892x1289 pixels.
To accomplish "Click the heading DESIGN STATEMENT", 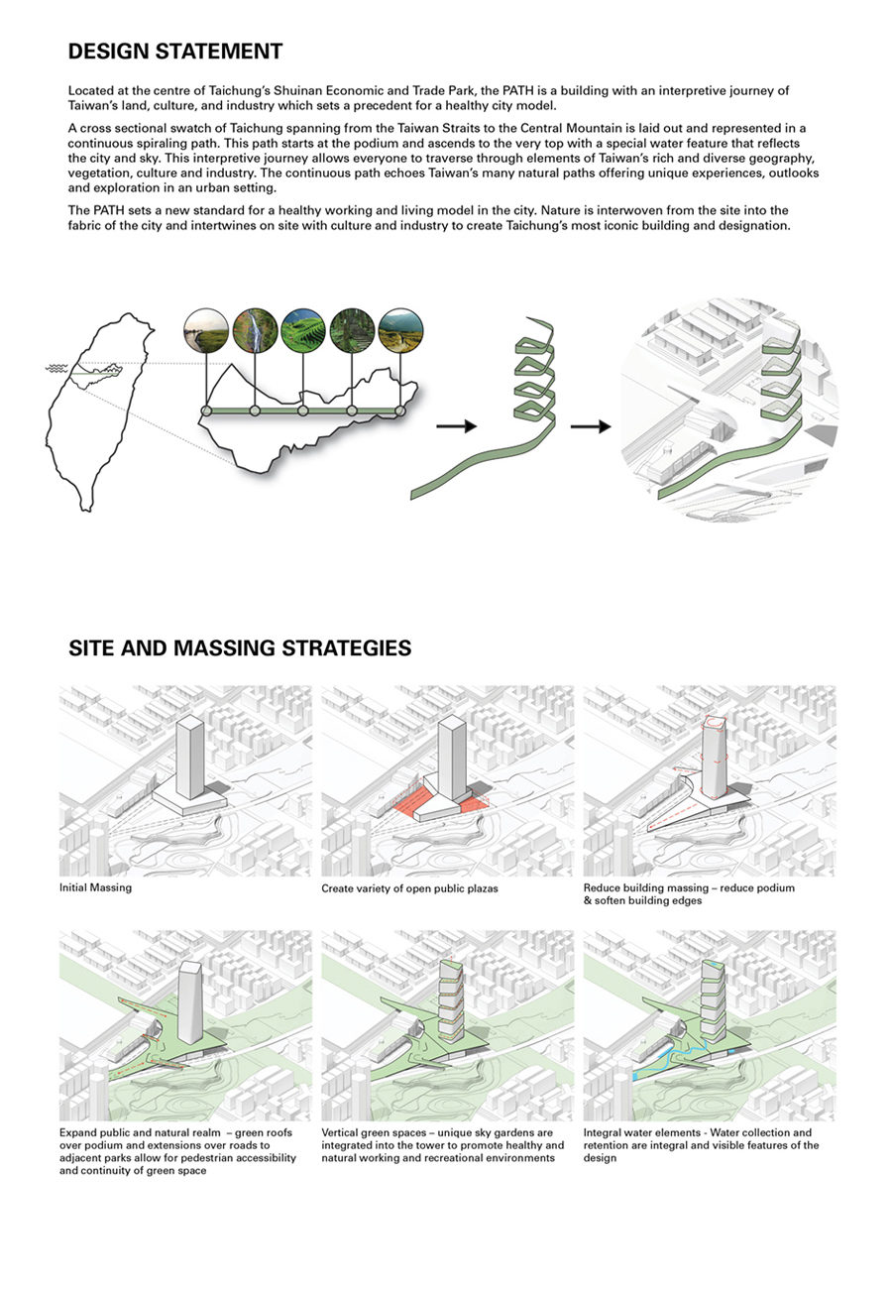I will point(175,52).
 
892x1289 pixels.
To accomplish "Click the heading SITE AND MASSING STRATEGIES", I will point(240,648).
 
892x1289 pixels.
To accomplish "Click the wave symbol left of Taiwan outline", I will point(56,368).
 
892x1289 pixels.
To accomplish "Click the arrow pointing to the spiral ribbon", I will point(456,426).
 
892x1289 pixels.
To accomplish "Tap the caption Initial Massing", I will point(95,887).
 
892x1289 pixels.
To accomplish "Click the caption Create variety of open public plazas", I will point(409,888).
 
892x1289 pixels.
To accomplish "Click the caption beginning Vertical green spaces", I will point(442,1144).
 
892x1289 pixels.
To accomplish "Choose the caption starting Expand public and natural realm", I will point(177,1151).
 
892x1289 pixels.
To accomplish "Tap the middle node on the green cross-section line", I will point(303,410).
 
